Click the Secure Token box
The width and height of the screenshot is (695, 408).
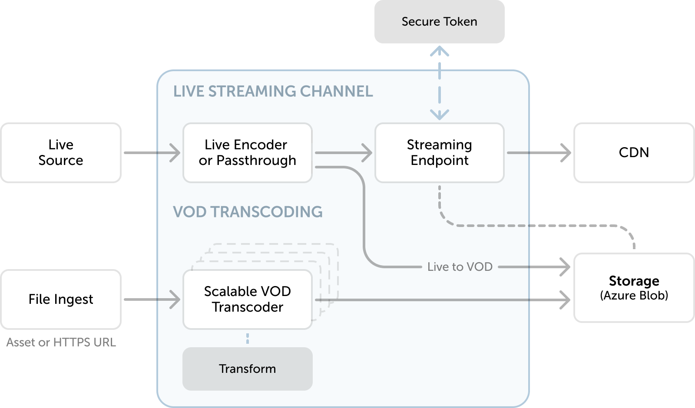tap(439, 21)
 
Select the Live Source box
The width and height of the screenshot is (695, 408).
tap(61, 152)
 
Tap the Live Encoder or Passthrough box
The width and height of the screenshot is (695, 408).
tap(247, 152)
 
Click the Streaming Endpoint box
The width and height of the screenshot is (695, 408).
tap(439, 152)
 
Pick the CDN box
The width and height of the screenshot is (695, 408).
tap(634, 152)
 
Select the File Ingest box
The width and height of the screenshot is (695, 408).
tap(61, 299)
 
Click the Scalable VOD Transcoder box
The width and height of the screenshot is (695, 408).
tap(247, 299)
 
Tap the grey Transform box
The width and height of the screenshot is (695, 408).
tap(247, 369)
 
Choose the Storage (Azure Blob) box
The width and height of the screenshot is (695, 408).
tap(634, 288)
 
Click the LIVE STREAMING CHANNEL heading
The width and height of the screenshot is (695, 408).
tap(273, 91)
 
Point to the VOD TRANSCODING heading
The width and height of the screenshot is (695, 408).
tap(248, 212)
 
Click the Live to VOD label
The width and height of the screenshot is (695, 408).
tap(460, 267)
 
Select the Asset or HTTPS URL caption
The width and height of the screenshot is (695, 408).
tap(61, 342)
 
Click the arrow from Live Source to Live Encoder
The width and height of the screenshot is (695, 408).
tap(152, 152)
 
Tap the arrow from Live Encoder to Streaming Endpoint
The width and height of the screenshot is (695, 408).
tap(344, 152)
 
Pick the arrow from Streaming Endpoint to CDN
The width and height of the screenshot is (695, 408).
tap(539, 152)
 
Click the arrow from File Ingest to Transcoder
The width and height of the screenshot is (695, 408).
tap(152, 299)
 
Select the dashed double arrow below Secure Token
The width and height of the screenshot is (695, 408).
tap(439, 83)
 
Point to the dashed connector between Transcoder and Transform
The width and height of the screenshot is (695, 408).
tap(247, 339)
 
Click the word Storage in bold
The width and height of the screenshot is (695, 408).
tap(634, 281)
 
